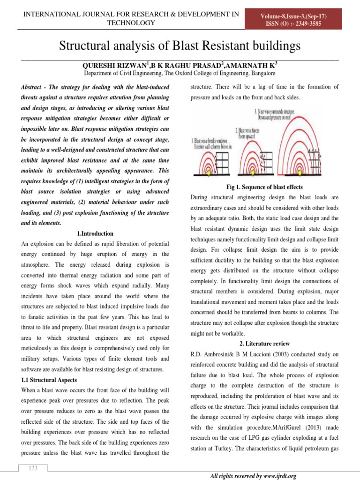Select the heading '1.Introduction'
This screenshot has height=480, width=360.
(94, 233)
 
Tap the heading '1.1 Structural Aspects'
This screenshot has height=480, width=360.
(50, 380)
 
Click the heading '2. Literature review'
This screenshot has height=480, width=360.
(265, 344)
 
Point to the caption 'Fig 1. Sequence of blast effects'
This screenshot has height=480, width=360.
(265, 187)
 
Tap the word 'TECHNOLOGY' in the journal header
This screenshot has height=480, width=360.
(131, 23)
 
